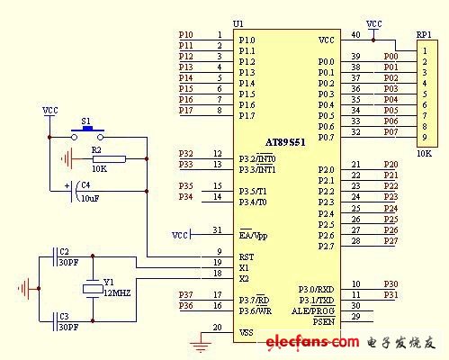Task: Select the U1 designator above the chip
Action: pyautogui.click(x=238, y=23)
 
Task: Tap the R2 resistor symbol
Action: pyautogui.click(x=98, y=157)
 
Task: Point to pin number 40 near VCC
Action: pyautogui.click(x=355, y=35)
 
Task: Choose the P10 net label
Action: pyautogui.click(x=185, y=35)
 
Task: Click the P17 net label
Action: pyautogui.click(x=185, y=110)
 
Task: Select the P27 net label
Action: pyautogui.click(x=391, y=240)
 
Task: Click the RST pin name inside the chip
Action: pyautogui.click(x=246, y=256)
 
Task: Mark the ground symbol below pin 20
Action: pyautogui.click(x=200, y=341)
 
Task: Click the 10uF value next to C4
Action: pyautogui.click(x=89, y=196)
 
